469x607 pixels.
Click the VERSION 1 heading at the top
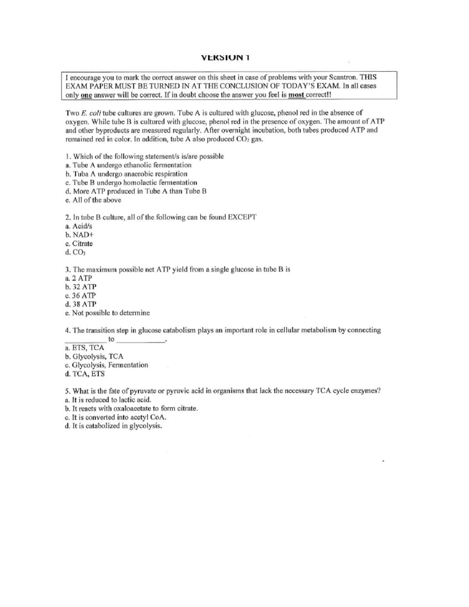coord(225,58)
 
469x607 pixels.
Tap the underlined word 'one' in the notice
coord(86,95)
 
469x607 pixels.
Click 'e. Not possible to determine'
coord(107,313)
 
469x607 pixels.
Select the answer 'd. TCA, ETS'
coord(85,374)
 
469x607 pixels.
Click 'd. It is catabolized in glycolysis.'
coord(113,426)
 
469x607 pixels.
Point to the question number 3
coord(68,270)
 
